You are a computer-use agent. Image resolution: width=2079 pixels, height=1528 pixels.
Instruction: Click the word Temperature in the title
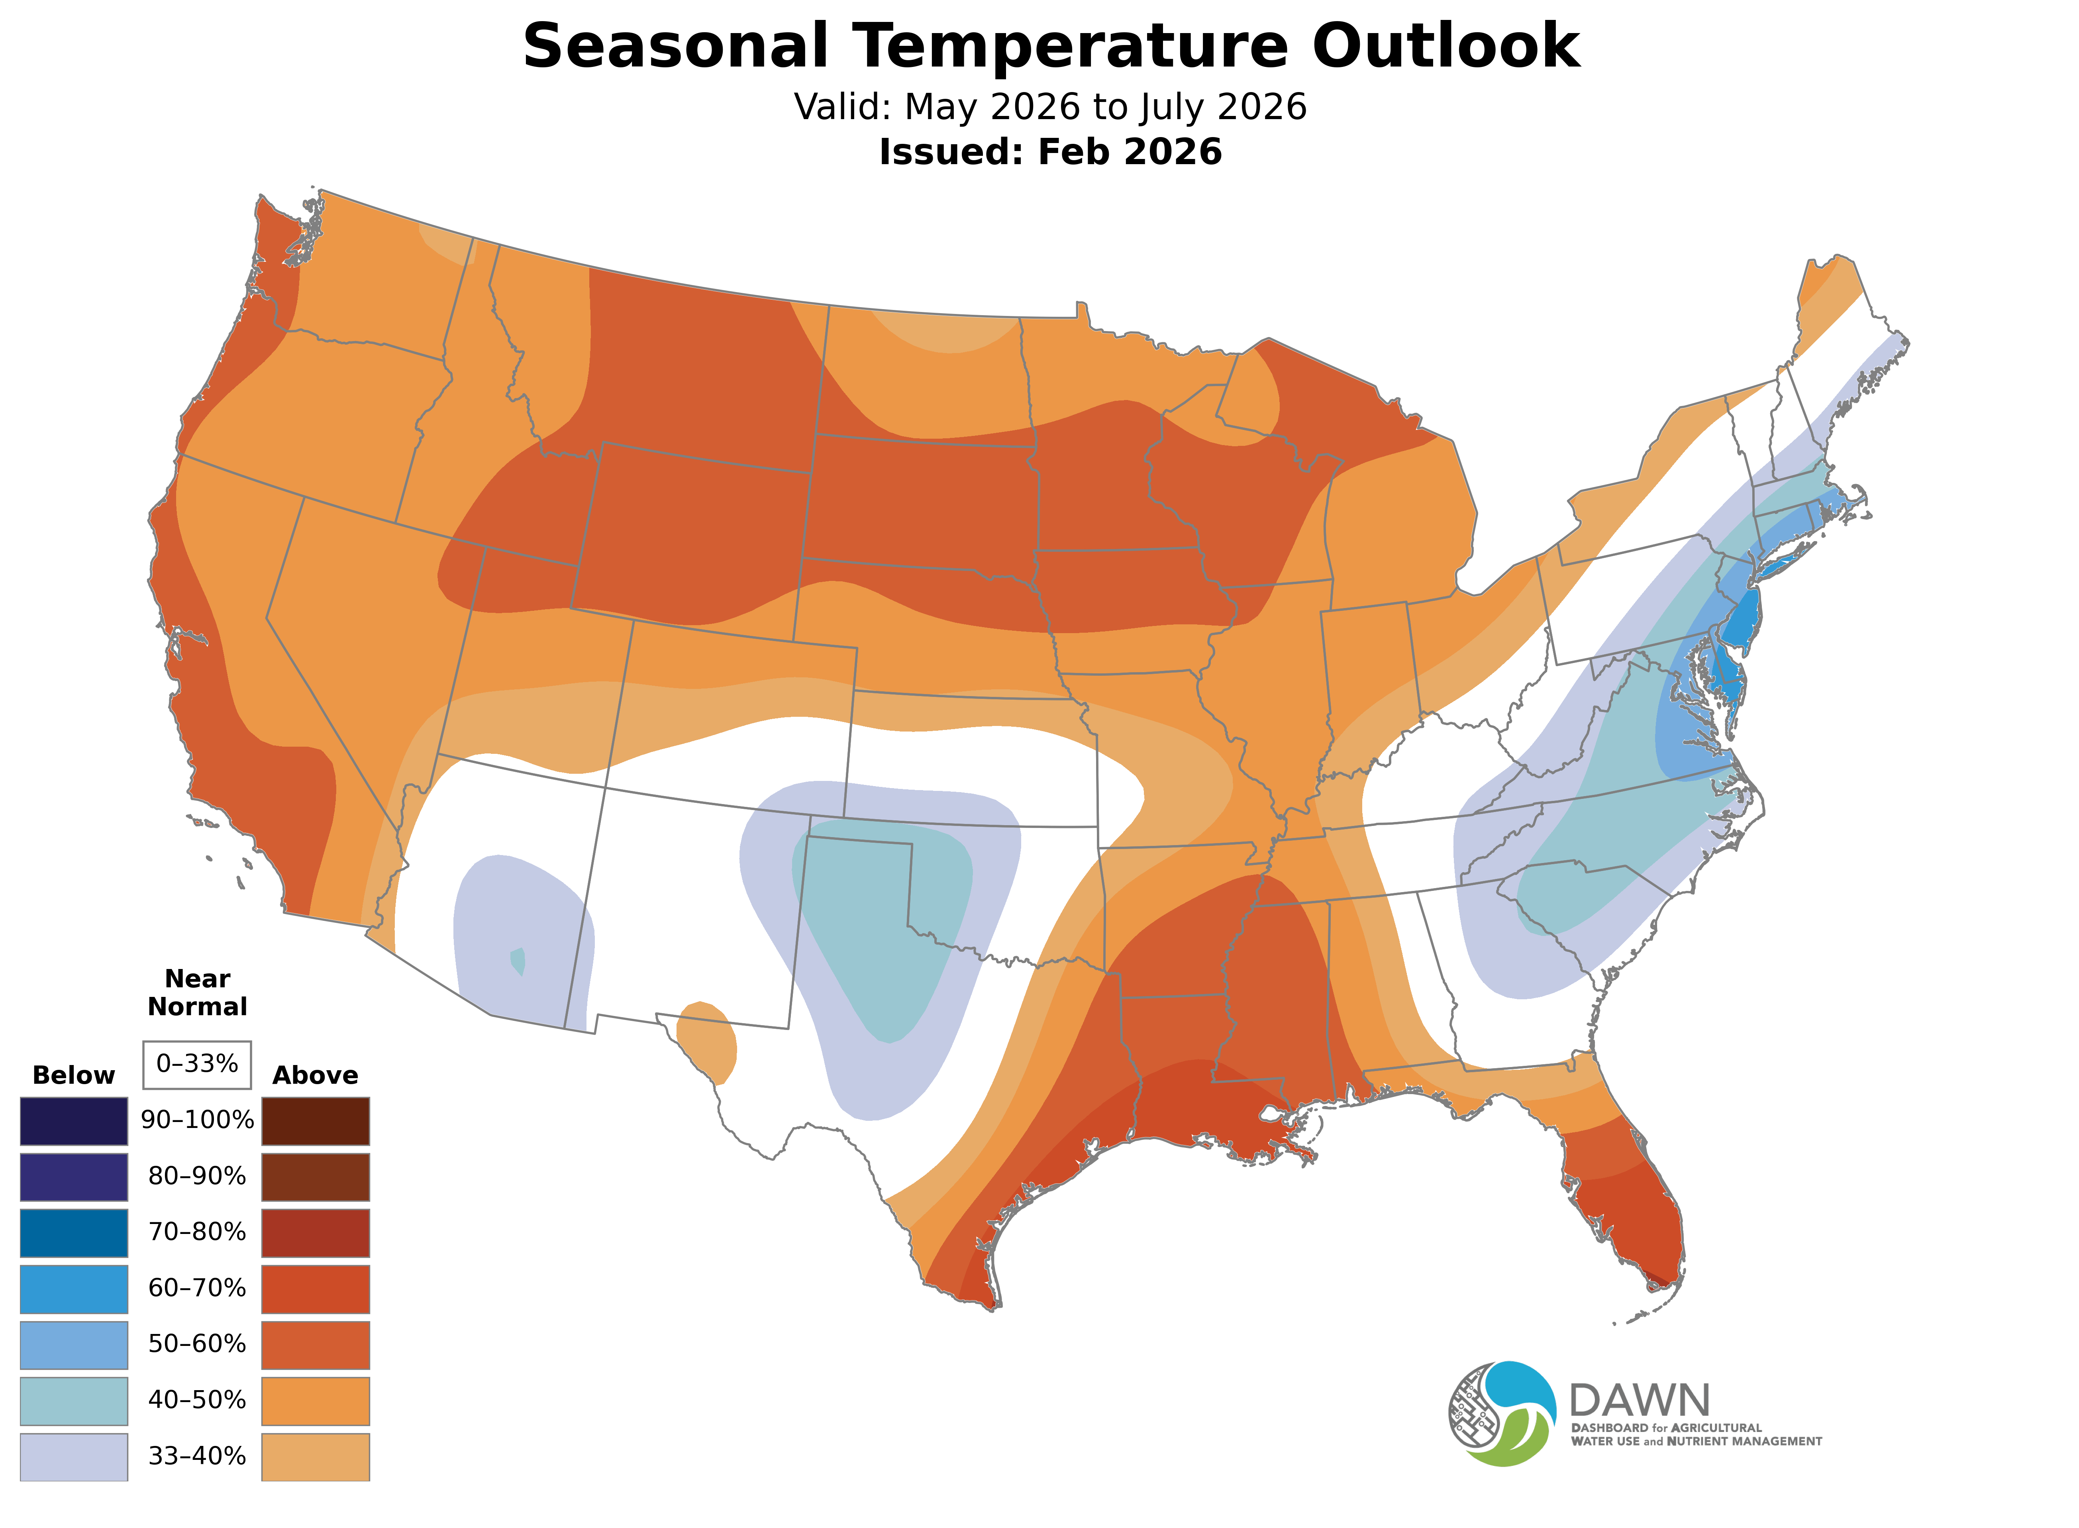[1068, 46]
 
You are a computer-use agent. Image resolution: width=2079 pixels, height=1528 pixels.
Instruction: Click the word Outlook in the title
[1445, 46]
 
